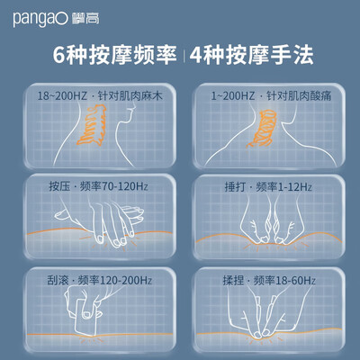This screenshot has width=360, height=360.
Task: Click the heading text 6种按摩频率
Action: tap(115, 55)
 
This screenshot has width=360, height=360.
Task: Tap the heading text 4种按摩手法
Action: tap(252, 55)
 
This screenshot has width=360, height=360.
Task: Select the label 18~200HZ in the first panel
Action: tap(62, 96)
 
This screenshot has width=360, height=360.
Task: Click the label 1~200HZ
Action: tap(233, 96)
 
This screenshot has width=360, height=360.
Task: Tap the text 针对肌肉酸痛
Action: tap(299, 96)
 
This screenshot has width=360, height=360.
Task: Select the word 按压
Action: tap(59, 186)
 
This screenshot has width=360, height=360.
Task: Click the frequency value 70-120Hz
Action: tap(125, 186)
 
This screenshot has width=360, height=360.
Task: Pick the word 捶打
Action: tap(236, 187)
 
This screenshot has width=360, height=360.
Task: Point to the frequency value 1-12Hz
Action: tap(294, 187)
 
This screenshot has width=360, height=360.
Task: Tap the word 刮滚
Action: tap(58, 280)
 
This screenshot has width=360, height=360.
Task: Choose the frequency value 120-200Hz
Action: tap(126, 280)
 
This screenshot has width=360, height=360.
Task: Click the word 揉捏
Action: tap(233, 280)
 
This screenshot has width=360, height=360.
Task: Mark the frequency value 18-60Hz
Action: tap(295, 280)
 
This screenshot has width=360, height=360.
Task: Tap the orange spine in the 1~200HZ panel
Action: tap(261, 129)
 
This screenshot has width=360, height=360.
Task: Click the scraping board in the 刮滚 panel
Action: tap(85, 317)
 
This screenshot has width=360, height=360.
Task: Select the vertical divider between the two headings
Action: tap(184, 55)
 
